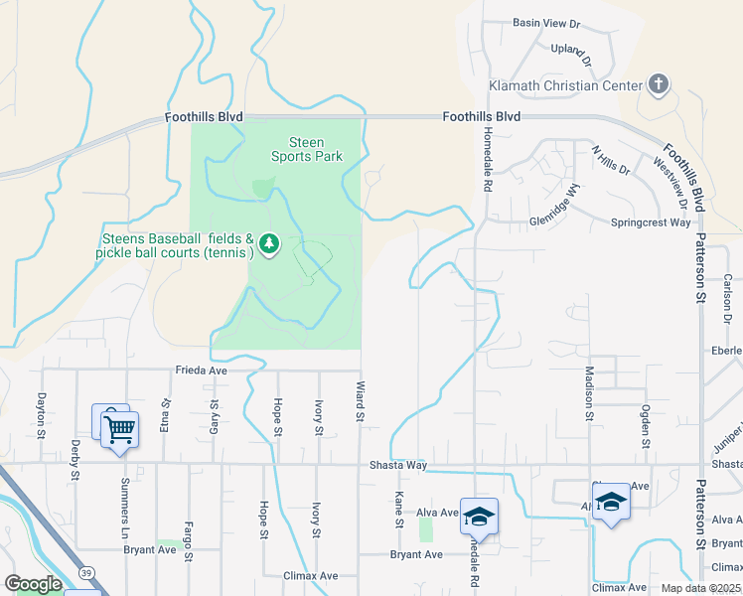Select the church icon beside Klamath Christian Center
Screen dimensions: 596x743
658,85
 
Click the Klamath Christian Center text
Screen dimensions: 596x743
565,85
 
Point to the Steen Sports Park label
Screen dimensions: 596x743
307,149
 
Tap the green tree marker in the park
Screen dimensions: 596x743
267,243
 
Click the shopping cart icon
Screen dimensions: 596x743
119,430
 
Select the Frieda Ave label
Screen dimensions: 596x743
202,370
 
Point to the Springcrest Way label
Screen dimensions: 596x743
650,223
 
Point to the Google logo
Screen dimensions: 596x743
33,584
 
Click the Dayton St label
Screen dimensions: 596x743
42,414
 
